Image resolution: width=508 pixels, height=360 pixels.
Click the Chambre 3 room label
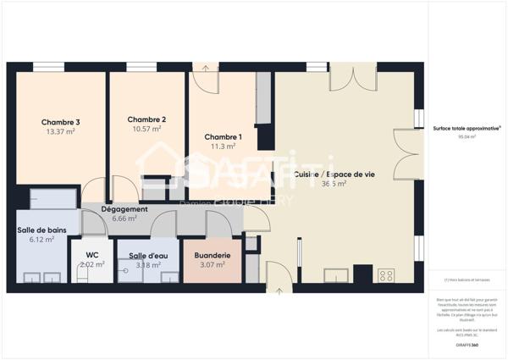60,122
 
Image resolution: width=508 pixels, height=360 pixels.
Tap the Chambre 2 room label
146,119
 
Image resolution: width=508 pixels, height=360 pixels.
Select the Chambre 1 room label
223,137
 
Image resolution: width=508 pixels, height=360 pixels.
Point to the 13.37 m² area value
60,132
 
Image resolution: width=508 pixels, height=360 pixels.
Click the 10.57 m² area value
146,130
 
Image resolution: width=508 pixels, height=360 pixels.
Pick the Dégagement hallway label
124,209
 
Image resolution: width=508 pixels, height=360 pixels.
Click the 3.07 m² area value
212,264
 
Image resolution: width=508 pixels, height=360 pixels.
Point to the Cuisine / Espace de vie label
334,174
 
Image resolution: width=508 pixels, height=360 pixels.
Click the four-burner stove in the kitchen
385,275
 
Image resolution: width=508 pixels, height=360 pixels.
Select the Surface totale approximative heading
466,128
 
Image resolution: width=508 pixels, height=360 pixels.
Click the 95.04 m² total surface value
467,136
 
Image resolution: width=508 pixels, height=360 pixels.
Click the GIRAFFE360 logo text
467,346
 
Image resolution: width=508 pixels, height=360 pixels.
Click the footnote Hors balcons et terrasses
467,280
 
